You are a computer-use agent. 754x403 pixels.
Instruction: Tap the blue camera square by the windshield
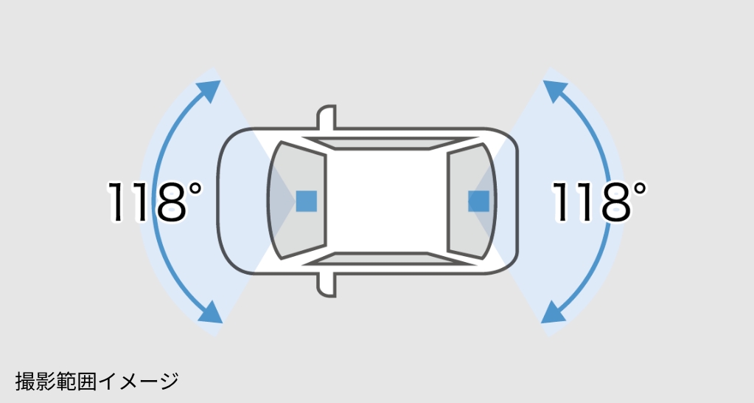point(306,201)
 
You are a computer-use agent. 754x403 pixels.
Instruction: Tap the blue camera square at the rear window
point(478,200)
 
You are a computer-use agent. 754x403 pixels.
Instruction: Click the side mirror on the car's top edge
point(327,119)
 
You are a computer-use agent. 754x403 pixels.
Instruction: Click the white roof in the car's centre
point(387,200)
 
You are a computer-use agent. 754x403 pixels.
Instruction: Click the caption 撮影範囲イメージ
point(97,382)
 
